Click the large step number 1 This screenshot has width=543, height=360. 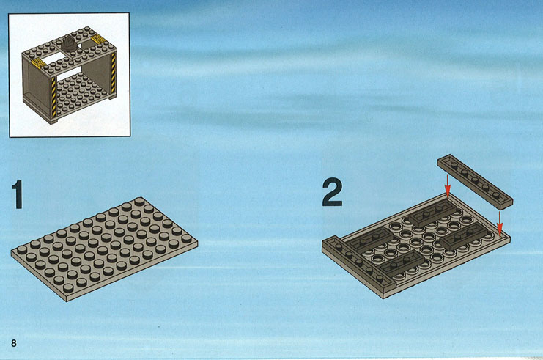click(18, 194)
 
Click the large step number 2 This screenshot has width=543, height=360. click(332, 193)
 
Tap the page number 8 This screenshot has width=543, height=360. click(14, 343)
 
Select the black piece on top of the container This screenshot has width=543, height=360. click(70, 44)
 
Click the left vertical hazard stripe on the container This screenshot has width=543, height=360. click(53, 97)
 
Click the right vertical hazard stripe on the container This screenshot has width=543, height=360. click(114, 72)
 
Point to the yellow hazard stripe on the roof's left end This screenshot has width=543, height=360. click(38, 63)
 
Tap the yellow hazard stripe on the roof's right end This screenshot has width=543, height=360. click(97, 40)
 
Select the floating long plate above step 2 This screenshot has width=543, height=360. click(475, 182)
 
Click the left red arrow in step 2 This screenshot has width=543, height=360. click(448, 186)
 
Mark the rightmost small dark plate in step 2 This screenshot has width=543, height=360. click(464, 235)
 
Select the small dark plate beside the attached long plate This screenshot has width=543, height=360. click(370, 240)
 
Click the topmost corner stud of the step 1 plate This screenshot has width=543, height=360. click(139, 202)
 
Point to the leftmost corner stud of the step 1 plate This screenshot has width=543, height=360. click(21, 250)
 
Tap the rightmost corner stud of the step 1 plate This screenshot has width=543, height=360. click(186, 238)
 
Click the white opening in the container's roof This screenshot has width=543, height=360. click(52, 58)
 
